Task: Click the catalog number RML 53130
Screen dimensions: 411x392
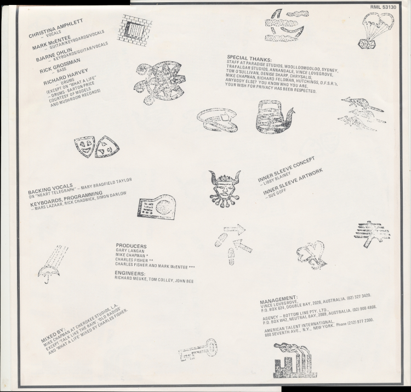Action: click(383, 7)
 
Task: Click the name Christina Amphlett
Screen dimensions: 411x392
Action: click(55, 28)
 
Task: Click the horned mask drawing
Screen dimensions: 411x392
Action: click(225, 188)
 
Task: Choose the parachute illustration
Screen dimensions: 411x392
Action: click(375, 30)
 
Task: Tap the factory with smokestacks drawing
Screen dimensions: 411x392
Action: click(295, 360)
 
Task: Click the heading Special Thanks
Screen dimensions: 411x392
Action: click(249, 58)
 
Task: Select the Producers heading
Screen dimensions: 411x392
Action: click(131, 246)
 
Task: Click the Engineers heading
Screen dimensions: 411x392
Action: click(130, 274)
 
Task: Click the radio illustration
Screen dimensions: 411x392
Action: click(157, 207)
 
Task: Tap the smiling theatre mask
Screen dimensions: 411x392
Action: click(84, 147)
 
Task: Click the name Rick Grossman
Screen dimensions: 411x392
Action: click(60, 65)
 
